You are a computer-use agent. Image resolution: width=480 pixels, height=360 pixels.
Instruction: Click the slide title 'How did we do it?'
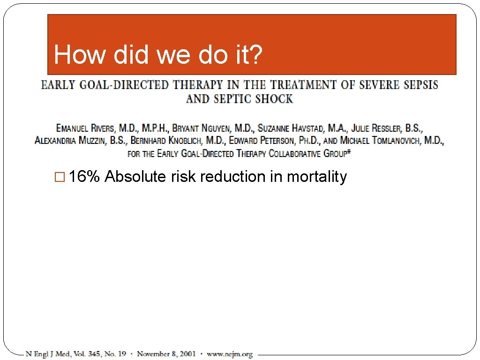click(158, 55)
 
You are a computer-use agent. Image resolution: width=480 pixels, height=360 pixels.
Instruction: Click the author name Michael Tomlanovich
click(380, 141)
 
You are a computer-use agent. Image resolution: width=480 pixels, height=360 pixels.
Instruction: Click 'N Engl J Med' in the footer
click(45, 354)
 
